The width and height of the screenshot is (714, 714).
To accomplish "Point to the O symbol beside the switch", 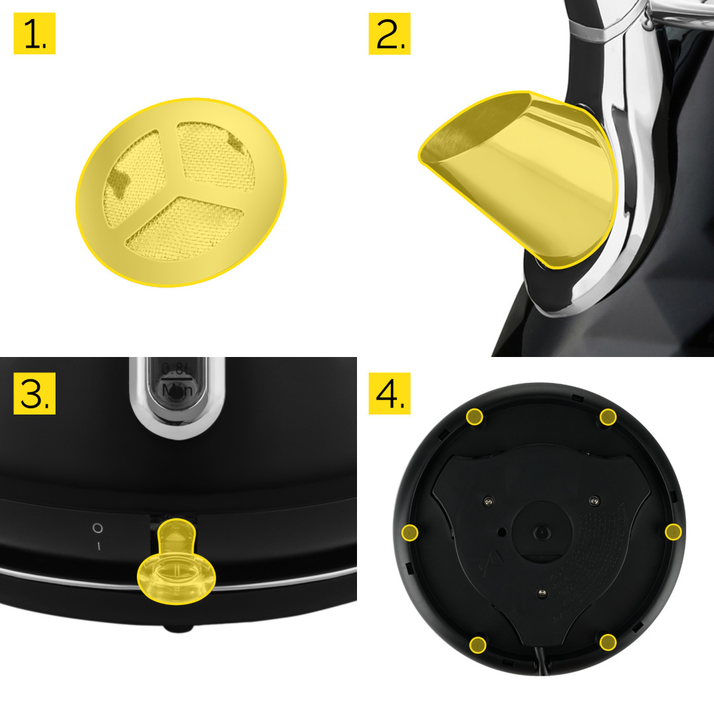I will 97,528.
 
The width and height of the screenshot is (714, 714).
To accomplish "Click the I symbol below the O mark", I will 98,546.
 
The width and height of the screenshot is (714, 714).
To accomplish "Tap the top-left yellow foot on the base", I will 475,416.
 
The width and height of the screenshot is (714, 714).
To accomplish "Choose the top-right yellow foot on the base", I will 608,416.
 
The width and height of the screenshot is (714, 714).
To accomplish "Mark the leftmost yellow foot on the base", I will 411,532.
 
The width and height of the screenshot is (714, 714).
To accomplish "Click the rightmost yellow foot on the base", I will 673,532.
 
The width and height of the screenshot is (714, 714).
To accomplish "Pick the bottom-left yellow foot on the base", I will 476,643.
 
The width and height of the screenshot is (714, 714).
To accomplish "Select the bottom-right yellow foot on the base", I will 608,641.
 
